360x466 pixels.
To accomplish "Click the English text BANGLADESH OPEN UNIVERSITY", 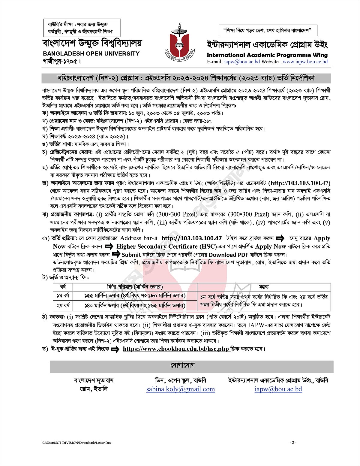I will coord(91,54).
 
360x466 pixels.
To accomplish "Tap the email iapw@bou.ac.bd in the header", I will coord(242,62).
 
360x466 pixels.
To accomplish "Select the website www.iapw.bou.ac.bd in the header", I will coord(305,62).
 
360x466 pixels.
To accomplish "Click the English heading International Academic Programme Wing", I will coord(267,55).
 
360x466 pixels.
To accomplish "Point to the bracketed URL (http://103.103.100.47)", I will coord(299,183).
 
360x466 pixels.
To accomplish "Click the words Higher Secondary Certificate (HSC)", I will coord(166,247).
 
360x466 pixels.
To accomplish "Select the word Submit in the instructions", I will coord(131,255).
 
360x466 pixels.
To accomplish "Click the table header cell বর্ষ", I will coord(63,287).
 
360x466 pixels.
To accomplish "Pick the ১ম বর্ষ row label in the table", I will coord(63,296).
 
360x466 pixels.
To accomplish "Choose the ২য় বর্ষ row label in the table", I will coord(63,305).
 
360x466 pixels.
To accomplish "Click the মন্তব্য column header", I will coord(264,287).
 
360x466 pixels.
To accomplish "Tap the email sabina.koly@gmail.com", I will coord(181,389).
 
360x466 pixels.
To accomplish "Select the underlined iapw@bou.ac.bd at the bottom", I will coord(278,389).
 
